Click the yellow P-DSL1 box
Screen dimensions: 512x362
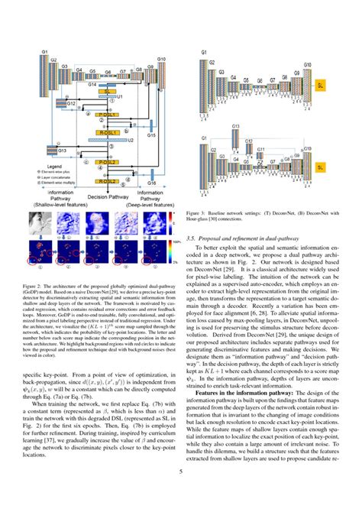(111, 113)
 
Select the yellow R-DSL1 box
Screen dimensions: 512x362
(112, 132)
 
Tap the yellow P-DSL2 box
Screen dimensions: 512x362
(111, 161)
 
